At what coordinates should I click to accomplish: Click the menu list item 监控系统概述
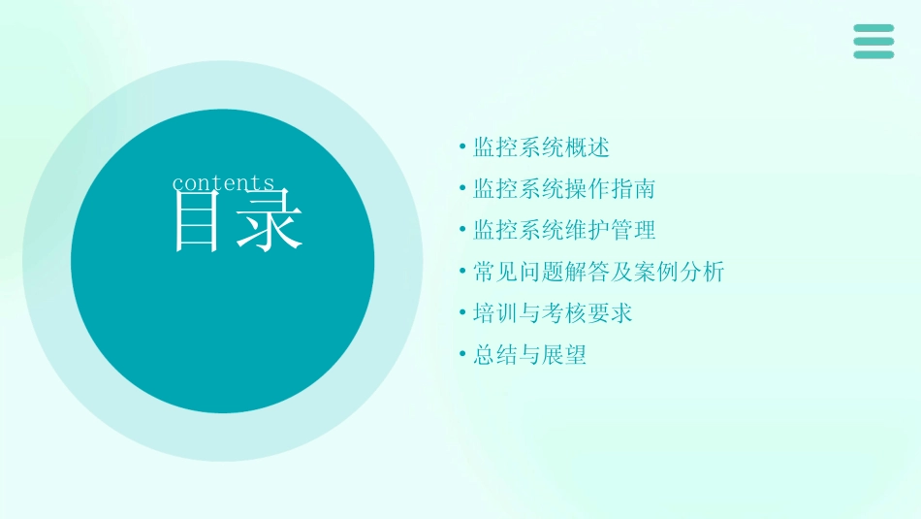[x=541, y=147]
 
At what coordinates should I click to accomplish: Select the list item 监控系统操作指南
[x=564, y=188]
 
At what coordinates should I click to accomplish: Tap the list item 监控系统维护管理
[x=564, y=230]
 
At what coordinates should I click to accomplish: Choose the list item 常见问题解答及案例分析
[x=598, y=272]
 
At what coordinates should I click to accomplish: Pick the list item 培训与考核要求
[x=553, y=313]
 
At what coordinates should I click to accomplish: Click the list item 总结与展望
[x=529, y=355]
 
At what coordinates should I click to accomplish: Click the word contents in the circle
[x=223, y=183]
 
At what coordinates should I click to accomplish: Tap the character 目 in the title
[x=196, y=221]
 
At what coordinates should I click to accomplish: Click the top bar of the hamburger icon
[x=873, y=28]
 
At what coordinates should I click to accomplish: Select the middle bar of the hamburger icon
[x=873, y=42]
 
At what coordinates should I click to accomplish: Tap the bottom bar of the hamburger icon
[x=873, y=54]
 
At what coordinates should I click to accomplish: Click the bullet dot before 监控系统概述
[x=462, y=147]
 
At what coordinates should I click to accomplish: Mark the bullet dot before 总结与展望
[x=462, y=355]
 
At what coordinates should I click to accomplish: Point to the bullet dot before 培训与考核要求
[x=462, y=313]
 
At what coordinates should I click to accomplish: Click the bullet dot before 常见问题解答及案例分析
[x=462, y=272]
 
